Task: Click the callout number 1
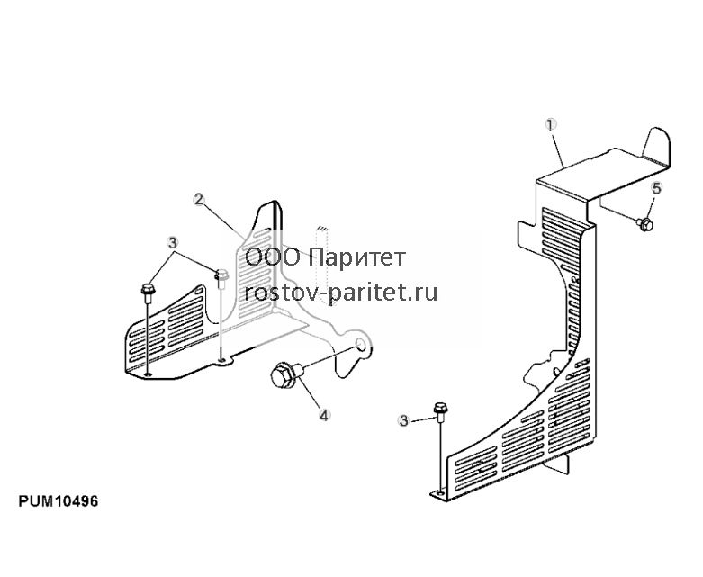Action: [551, 124]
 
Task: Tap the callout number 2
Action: [199, 199]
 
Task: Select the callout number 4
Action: [324, 416]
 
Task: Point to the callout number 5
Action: [656, 188]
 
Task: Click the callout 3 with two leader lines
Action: [172, 243]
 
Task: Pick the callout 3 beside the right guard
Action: [404, 420]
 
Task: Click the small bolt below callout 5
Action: [644, 224]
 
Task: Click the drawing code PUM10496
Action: [59, 501]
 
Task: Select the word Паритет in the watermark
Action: [357, 257]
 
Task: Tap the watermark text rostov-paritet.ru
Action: [341, 293]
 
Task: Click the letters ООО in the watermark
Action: [272, 257]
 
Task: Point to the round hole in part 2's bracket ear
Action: [360, 345]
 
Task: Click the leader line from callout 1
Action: [557, 149]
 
